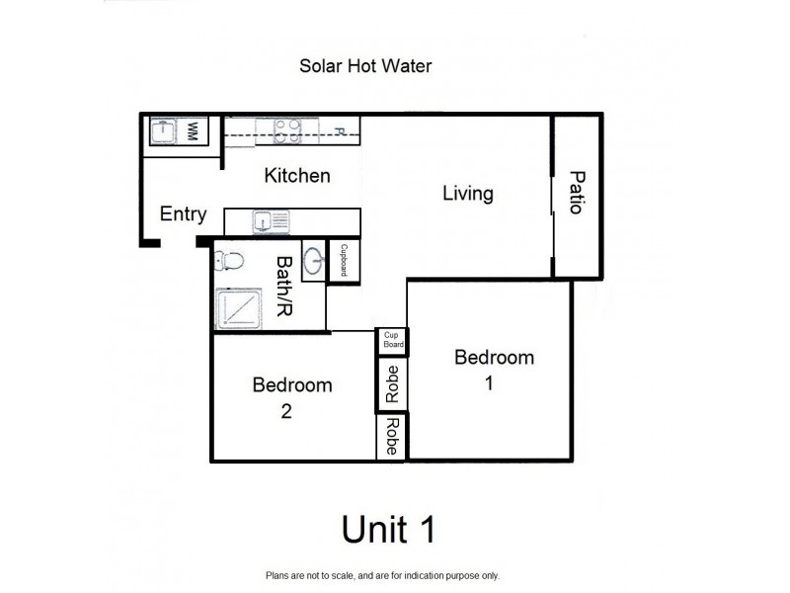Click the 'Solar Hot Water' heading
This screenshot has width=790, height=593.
coord(366,66)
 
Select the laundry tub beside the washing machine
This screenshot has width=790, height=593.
coord(163,131)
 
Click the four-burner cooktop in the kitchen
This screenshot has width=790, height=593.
coord(286,130)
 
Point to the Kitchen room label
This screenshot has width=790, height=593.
coord(296,176)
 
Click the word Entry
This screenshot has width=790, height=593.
coord(183,214)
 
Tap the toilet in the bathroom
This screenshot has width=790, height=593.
coord(230,262)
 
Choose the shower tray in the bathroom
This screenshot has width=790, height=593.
coord(238,308)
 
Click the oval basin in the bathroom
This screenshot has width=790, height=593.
coord(314,262)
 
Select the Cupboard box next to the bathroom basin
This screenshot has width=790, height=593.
coord(344,261)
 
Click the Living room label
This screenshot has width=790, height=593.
coord(467,193)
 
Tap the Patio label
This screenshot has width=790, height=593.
coord(577,194)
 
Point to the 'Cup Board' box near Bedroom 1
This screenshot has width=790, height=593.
coord(391,341)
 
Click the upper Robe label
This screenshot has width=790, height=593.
coord(392,382)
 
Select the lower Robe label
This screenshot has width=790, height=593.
coord(392,436)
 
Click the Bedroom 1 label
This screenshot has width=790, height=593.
coord(494,370)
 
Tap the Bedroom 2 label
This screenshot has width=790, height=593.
coord(291,398)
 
